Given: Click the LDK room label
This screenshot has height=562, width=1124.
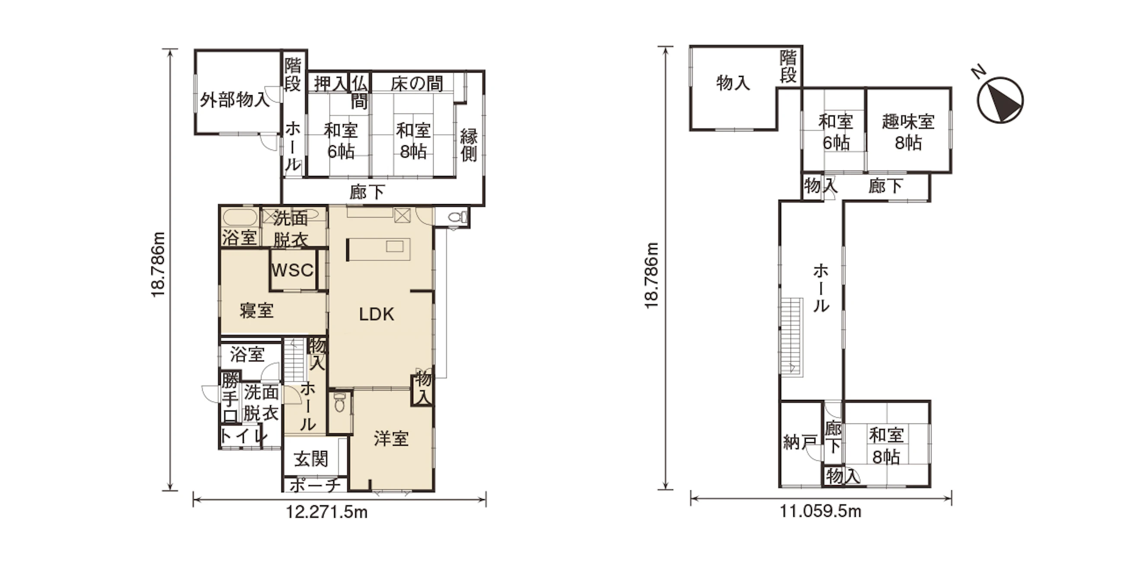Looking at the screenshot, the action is pos(377,314).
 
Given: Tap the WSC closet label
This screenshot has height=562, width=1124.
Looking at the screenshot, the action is pos(292,270).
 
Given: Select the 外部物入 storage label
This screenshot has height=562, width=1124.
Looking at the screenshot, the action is pos(235,100).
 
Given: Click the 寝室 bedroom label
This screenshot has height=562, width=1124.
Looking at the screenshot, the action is pos(256,311).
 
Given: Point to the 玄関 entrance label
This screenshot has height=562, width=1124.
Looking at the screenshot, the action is pos(311,459).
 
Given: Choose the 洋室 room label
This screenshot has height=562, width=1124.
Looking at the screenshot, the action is pos(391,438).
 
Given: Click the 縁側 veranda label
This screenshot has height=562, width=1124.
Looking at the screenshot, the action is pos(469,145).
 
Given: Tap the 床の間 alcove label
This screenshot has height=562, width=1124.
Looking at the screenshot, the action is pos(417,83).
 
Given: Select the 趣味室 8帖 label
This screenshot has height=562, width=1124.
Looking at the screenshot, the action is pos(908,132).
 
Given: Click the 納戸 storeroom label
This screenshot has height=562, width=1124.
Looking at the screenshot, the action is pos(800,442).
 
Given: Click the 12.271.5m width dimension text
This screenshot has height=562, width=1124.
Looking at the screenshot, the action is pos(326,512).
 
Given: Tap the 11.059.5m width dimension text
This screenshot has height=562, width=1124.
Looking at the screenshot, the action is pos(821,511).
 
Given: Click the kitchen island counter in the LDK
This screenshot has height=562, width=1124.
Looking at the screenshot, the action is pos(378,249).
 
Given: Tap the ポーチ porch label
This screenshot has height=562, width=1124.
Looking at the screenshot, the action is pos(315,485).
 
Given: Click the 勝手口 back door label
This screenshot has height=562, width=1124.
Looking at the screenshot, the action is pos(230,397).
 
